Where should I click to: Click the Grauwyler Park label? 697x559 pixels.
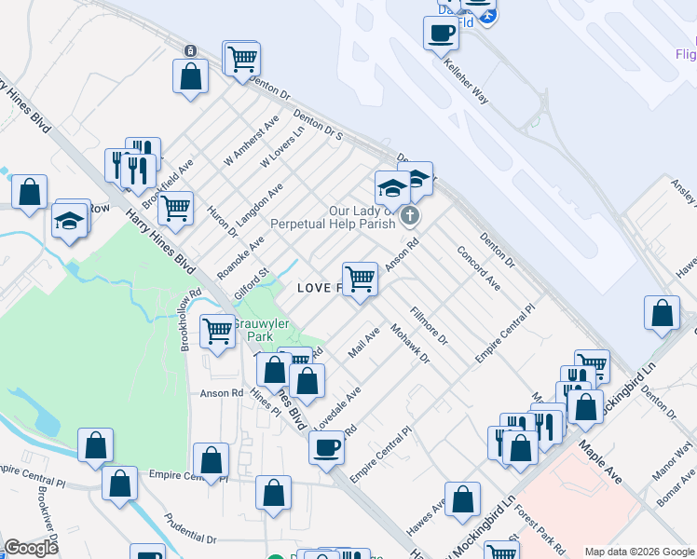(x=261, y=330)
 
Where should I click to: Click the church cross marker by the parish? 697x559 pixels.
(x=409, y=218)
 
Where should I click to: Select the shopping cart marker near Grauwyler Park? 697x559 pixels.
(x=218, y=330)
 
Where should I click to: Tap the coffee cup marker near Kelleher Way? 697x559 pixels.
(x=441, y=34)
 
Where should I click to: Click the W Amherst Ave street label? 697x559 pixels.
(x=252, y=143)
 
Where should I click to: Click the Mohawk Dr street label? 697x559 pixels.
(x=410, y=344)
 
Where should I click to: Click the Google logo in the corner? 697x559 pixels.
(x=32, y=548)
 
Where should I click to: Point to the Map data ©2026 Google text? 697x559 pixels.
(x=639, y=552)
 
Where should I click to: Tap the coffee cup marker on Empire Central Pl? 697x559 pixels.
(x=327, y=446)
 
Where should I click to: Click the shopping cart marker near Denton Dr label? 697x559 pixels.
(x=242, y=59)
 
